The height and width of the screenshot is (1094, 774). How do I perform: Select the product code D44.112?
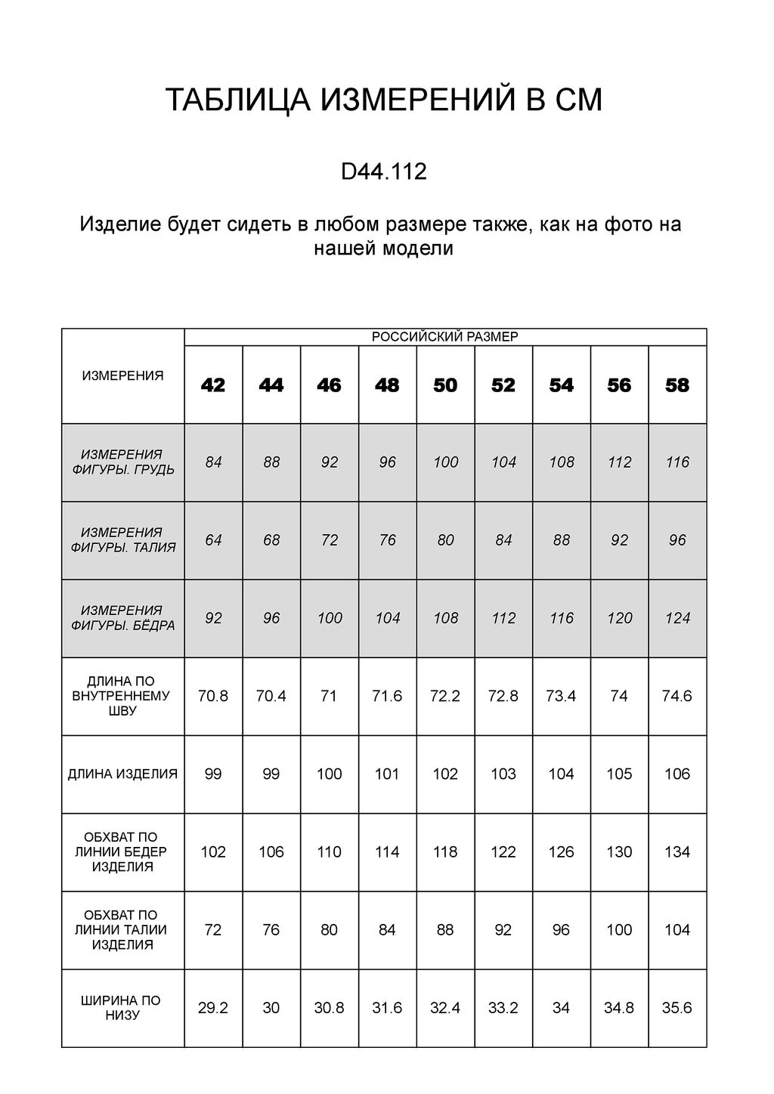[384, 172]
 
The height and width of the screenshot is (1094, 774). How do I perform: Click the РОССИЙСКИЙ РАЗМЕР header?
[445, 337]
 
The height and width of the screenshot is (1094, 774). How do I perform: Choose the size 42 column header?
[213, 385]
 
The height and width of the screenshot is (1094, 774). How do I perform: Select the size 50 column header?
[445, 385]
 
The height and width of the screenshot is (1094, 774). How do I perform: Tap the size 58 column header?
[677, 385]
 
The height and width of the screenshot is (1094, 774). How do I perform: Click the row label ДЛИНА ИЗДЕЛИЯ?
[123, 774]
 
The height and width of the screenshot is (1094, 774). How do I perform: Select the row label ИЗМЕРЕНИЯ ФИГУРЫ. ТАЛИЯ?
[123, 540]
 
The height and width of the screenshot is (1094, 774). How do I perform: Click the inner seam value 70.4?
[271, 696]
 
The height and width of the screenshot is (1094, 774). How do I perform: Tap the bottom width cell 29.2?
[213, 1008]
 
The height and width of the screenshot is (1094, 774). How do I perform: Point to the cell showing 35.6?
[677, 1008]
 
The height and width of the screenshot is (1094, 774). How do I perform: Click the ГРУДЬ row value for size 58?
[677, 462]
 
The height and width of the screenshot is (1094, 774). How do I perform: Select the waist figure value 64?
[213, 540]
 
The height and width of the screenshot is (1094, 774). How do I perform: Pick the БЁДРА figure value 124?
[677, 618]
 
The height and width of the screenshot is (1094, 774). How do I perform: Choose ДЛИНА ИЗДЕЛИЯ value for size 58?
[677, 774]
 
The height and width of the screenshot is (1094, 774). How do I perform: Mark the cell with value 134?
[677, 852]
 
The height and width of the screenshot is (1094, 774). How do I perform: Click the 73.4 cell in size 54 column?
[561, 696]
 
